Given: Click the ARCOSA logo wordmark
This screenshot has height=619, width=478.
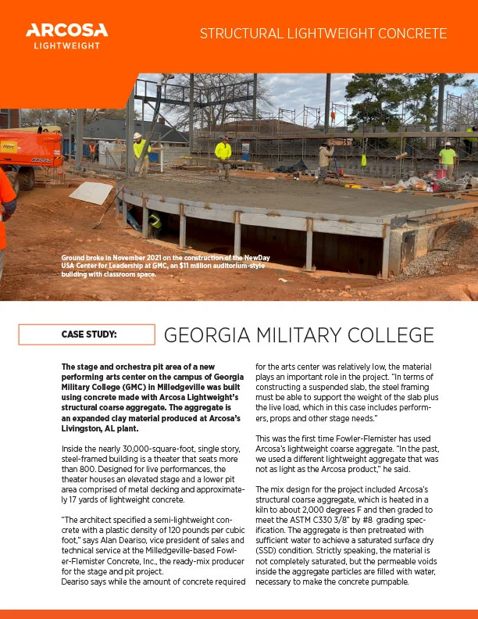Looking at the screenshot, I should pyautogui.click(x=66, y=30).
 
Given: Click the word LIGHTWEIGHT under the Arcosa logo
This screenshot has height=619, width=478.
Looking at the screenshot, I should pyautogui.click(x=66, y=45).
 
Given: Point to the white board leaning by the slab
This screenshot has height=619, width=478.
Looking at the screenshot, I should pyautogui.click(x=91, y=193).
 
